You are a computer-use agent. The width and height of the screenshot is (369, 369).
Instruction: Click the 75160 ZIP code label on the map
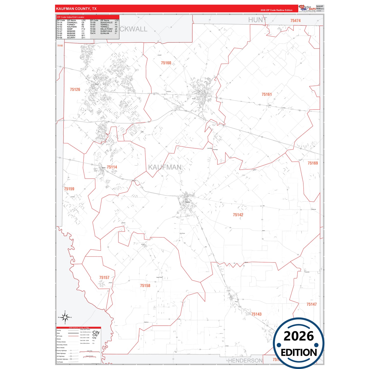click(166, 63)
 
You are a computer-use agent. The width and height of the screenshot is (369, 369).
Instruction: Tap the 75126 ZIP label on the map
click(75, 89)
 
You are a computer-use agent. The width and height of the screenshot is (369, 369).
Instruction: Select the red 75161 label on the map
click(267, 94)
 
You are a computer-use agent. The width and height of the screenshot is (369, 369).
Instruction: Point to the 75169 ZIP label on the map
click(313, 163)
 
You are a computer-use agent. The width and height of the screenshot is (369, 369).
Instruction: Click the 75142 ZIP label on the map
click(238, 215)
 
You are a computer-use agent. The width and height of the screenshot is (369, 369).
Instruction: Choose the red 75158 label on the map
click(145, 285)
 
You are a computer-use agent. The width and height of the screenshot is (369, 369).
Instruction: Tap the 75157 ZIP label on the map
click(104, 277)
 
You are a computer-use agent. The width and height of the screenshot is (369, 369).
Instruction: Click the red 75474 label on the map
click(295, 20)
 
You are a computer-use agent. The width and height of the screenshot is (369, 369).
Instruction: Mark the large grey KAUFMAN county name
click(165, 167)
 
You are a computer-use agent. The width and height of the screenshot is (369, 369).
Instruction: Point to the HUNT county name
click(257, 20)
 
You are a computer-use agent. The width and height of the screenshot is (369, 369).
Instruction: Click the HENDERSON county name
click(245, 360)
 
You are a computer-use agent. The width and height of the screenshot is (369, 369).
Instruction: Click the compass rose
click(65, 317)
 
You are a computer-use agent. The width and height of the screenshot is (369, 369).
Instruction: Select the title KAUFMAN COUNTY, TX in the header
click(76, 9)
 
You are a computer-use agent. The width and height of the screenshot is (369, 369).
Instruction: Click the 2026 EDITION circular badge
click(299, 343)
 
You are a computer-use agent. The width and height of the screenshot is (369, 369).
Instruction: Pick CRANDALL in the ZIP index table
click(72, 22)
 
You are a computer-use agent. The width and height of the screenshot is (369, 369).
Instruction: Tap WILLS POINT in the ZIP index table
click(106, 29)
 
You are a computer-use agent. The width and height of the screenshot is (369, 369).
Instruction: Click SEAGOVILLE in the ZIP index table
click(106, 22)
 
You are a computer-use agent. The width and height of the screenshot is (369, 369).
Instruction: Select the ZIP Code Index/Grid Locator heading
click(71, 17)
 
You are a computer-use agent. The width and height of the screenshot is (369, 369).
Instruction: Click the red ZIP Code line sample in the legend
click(73, 336)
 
